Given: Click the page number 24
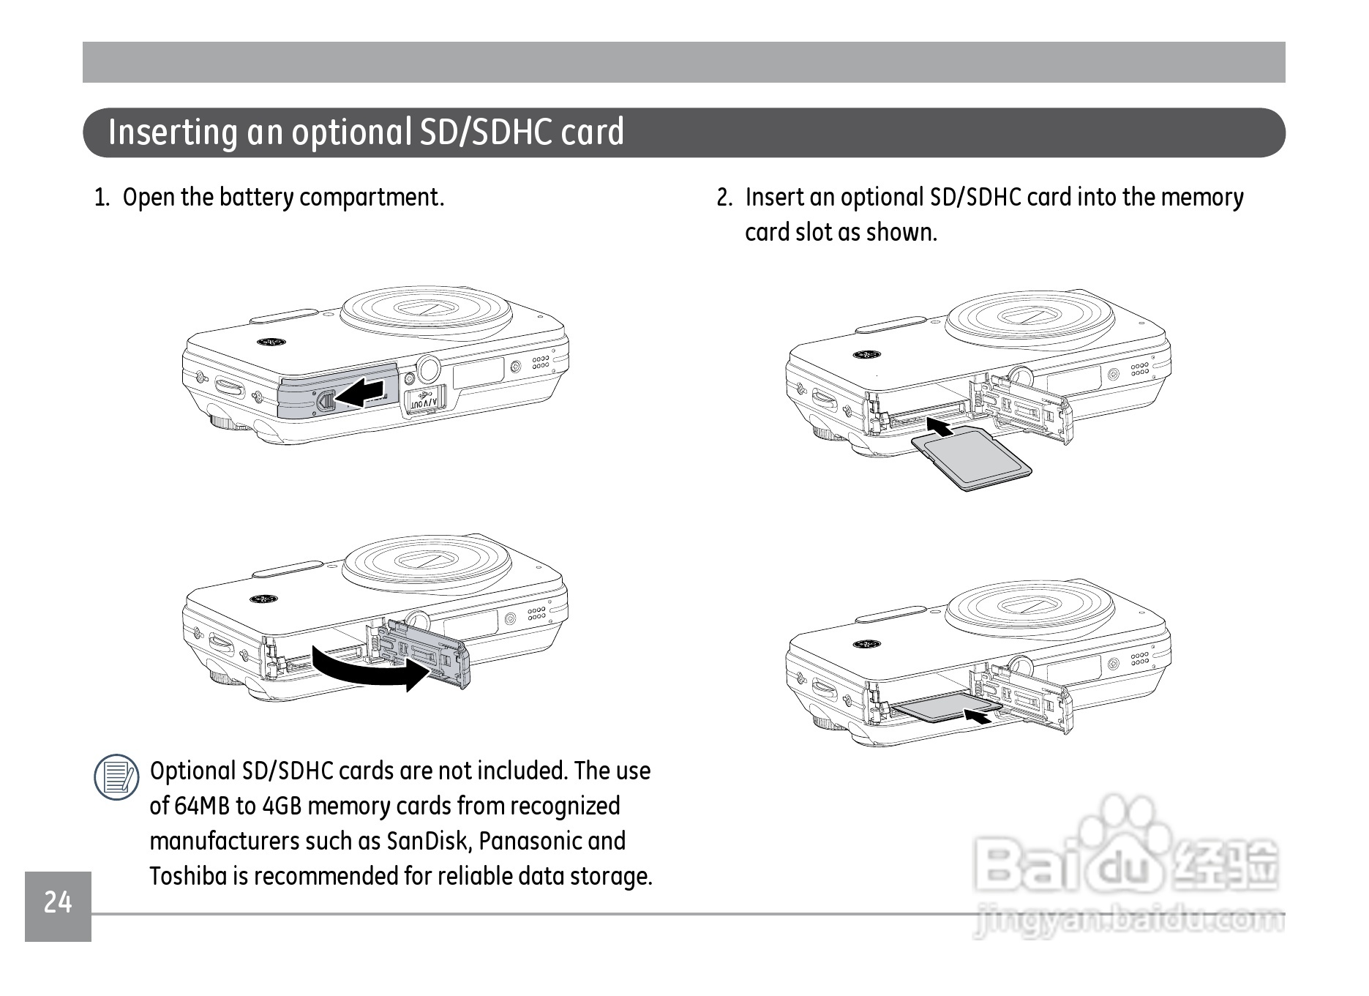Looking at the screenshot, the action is [x=58, y=902].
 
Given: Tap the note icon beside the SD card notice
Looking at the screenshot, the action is [x=116, y=776].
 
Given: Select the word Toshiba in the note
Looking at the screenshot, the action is [x=188, y=876].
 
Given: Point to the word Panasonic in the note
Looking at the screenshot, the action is [x=530, y=841].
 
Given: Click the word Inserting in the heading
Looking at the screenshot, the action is [x=173, y=133].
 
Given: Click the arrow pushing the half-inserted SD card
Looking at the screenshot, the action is [x=978, y=716].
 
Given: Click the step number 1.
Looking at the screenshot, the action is [x=102, y=198].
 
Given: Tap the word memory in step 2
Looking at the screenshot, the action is [x=1202, y=198].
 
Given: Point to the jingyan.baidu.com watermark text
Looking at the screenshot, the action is [x=1129, y=921].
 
